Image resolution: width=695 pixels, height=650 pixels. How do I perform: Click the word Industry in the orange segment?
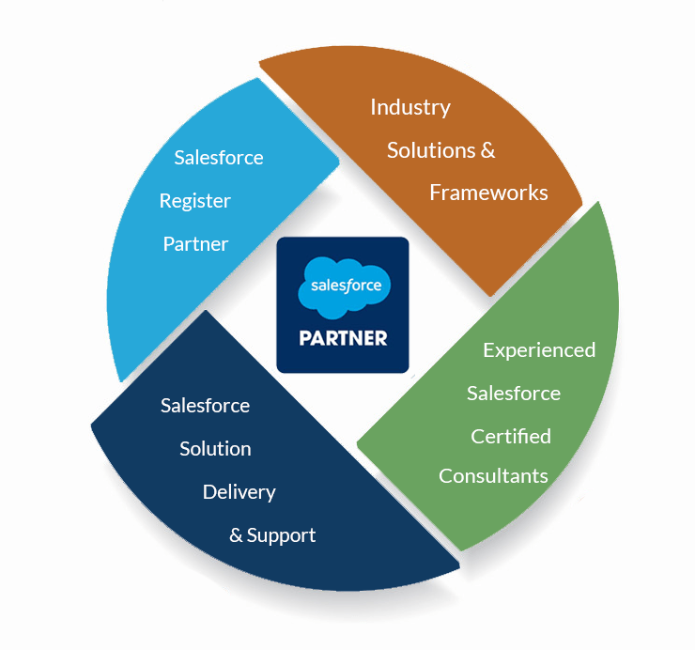[x=410, y=108]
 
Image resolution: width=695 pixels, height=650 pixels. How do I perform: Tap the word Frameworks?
[x=488, y=193]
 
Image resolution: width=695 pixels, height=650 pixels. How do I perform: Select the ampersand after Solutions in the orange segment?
[x=487, y=150]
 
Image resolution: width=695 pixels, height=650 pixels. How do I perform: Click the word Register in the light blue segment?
[x=195, y=202]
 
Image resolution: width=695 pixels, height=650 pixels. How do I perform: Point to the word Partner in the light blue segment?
[x=195, y=244]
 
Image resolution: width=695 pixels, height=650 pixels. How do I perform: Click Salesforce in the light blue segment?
[x=219, y=158]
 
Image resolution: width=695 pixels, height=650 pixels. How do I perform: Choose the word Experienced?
[x=539, y=350]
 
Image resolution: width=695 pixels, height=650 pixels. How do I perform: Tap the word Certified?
[x=511, y=436]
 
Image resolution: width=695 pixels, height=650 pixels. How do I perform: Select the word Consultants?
[x=493, y=475]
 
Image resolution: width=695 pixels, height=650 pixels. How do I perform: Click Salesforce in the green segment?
[x=514, y=394]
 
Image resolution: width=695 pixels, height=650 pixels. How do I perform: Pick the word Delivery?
[x=239, y=492]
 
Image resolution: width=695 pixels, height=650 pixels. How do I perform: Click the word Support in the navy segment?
[x=281, y=535]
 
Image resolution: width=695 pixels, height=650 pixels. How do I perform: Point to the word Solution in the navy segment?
[x=215, y=449]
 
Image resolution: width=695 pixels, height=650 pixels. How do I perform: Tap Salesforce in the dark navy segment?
[x=206, y=405]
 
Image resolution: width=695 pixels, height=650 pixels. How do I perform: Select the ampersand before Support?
[x=236, y=535]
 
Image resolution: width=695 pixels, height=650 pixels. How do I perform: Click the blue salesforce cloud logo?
[x=344, y=286]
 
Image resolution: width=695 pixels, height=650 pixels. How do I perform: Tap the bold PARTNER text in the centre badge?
[x=343, y=338]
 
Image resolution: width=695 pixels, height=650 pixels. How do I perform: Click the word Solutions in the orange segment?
[x=431, y=150]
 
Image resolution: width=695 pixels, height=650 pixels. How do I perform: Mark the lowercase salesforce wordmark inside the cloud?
[x=347, y=286]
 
